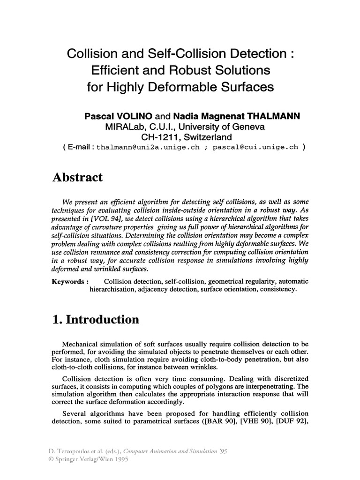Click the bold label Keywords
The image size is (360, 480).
tap(69, 281)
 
